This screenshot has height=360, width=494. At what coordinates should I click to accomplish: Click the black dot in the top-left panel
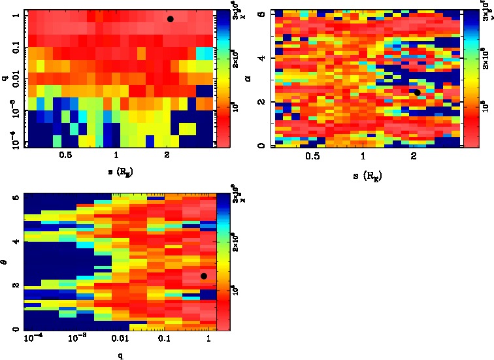point(171,19)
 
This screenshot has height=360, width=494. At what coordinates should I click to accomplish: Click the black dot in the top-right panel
point(417,92)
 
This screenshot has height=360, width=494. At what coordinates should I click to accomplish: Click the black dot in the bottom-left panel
point(204,276)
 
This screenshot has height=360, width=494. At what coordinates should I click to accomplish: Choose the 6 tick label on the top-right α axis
point(263,14)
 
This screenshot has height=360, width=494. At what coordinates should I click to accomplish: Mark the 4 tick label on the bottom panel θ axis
point(16,242)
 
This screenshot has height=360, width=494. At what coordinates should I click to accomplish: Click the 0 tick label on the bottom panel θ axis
point(16,330)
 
